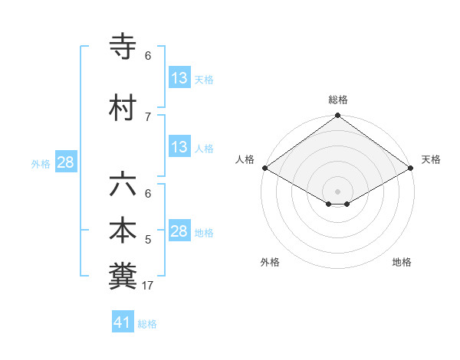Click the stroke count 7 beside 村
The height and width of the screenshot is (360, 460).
pyautogui.click(x=147, y=116)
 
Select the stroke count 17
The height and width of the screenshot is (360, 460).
pyautogui.click(x=149, y=286)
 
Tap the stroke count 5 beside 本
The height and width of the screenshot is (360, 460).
pyautogui.click(x=147, y=240)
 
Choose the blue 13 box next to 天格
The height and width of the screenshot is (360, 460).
pyautogui.click(x=179, y=78)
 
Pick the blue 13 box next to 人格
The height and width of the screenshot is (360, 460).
pyautogui.click(x=179, y=147)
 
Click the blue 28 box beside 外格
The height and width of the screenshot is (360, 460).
pyautogui.click(x=65, y=162)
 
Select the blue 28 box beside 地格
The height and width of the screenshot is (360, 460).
pyautogui.click(x=179, y=231)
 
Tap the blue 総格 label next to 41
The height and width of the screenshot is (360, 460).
pyautogui.click(x=147, y=324)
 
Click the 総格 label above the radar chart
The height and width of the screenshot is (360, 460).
pyautogui.click(x=337, y=100)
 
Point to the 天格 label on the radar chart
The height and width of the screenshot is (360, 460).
pyautogui.click(x=431, y=159)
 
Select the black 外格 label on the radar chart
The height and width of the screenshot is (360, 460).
pyautogui.click(x=270, y=262)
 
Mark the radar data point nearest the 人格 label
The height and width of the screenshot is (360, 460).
pyautogui.click(x=264, y=168)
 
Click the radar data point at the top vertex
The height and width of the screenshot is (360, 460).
pyautogui.click(x=337, y=116)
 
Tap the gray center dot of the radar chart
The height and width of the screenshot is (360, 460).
pyautogui.click(x=337, y=190)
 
